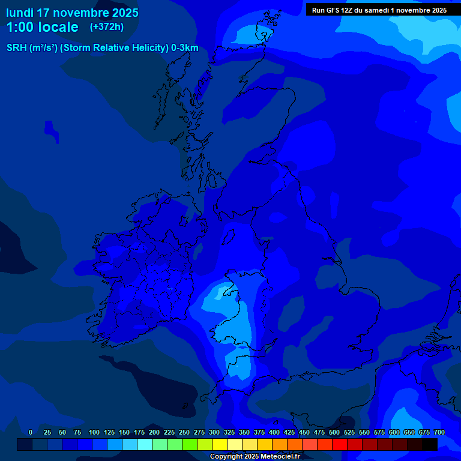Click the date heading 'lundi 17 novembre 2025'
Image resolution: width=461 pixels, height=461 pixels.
[72, 13]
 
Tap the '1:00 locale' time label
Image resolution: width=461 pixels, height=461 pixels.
[42, 27]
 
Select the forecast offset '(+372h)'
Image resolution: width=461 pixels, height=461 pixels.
[106, 26]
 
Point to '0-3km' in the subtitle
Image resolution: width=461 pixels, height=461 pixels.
[185, 48]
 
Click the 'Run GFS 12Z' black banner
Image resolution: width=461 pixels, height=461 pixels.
[379, 10]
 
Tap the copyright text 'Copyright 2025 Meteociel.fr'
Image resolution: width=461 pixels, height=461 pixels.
[255, 456]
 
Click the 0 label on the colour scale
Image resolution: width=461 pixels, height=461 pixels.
[31, 432]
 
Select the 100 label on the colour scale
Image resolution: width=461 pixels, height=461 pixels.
[94, 432]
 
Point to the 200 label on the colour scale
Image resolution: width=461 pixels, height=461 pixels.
[154, 432]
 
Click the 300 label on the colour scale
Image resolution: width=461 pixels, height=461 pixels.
[214, 432]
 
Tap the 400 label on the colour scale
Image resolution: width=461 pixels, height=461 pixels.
[274, 432]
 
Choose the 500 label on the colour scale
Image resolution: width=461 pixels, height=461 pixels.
[334, 432]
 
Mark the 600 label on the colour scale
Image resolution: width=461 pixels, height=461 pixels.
[394, 432]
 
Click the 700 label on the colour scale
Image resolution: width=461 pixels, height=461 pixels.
[439, 432]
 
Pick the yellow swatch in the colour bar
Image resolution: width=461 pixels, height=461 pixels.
[219, 444]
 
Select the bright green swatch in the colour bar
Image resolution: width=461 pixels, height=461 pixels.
[189, 444]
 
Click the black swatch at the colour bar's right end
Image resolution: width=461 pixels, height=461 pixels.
[429, 444]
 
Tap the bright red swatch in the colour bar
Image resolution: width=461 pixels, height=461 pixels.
[339, 444]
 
